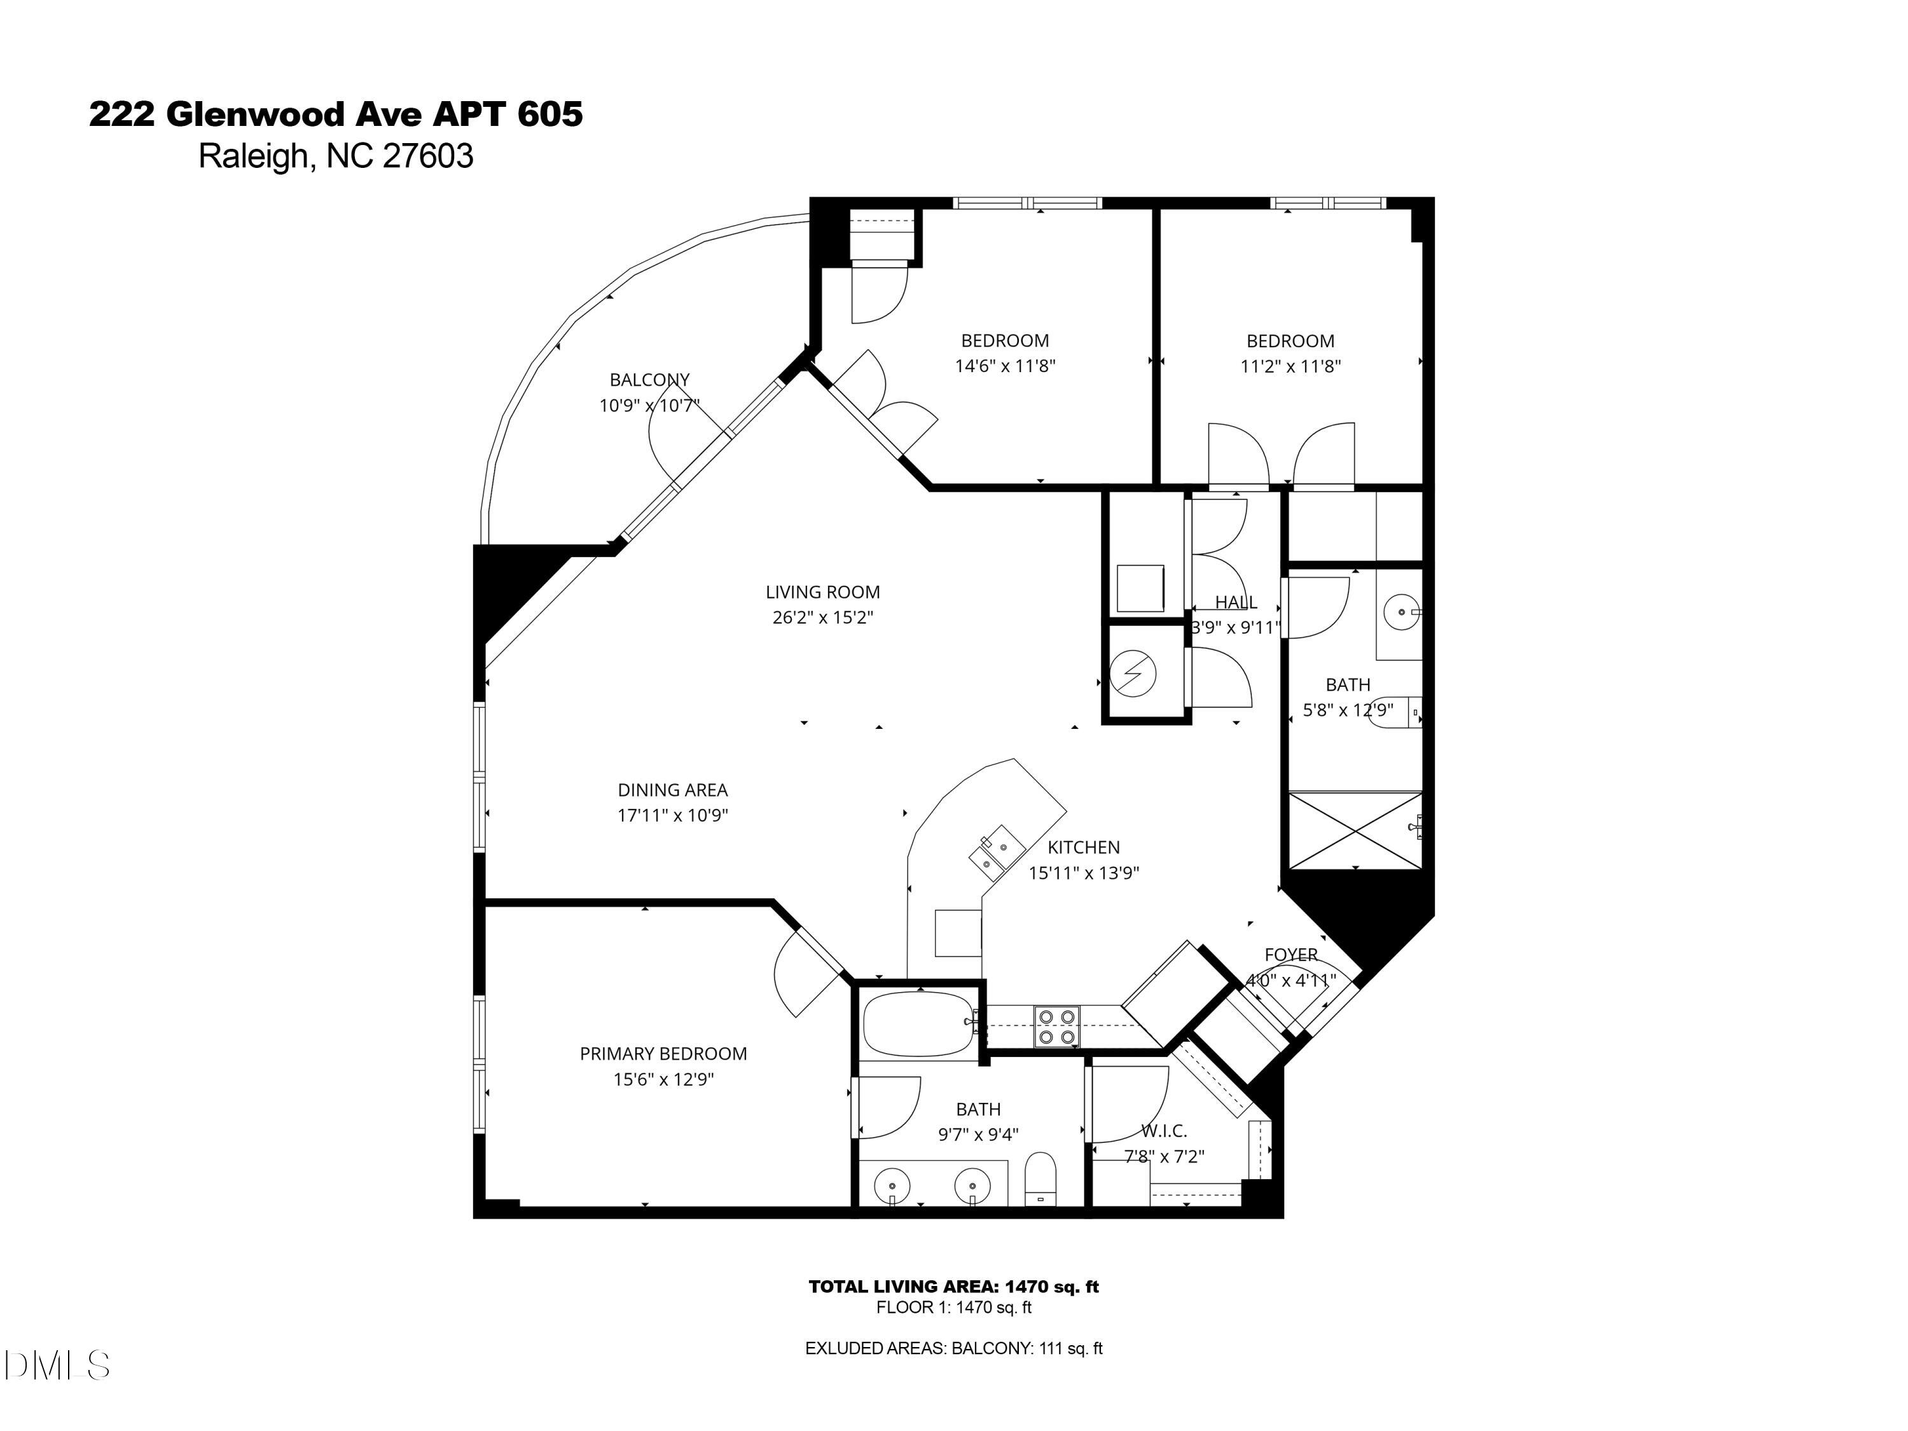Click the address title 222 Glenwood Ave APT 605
pyautogui.click(x=336, y=114)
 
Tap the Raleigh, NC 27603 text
pyautogui.click(x=336, y=156)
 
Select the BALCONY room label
pyautogui.click(x=649, y=380)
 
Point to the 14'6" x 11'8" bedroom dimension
pyautogui.click(x=1005, y=366)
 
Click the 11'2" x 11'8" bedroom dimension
pyautogui.click(x=1290, y=366)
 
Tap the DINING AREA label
pyautogui.click(x=672, y=789)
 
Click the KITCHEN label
pyautogui.click(x=1083, y=847)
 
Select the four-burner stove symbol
pyautogui.click(x=1056, y=1027)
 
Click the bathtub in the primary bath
pyautogui.click(x=918, y=1024)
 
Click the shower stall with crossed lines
pyautogui.click(x=1354, y=830)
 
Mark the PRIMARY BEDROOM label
pyautogui.click(x=663, y=1053)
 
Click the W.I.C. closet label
pyautogui.click(x=1164, y=1131)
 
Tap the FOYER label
pyautogui.click(x=1290, y=955)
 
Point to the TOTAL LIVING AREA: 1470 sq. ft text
pyautogui.click(x=953, y=1286)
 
